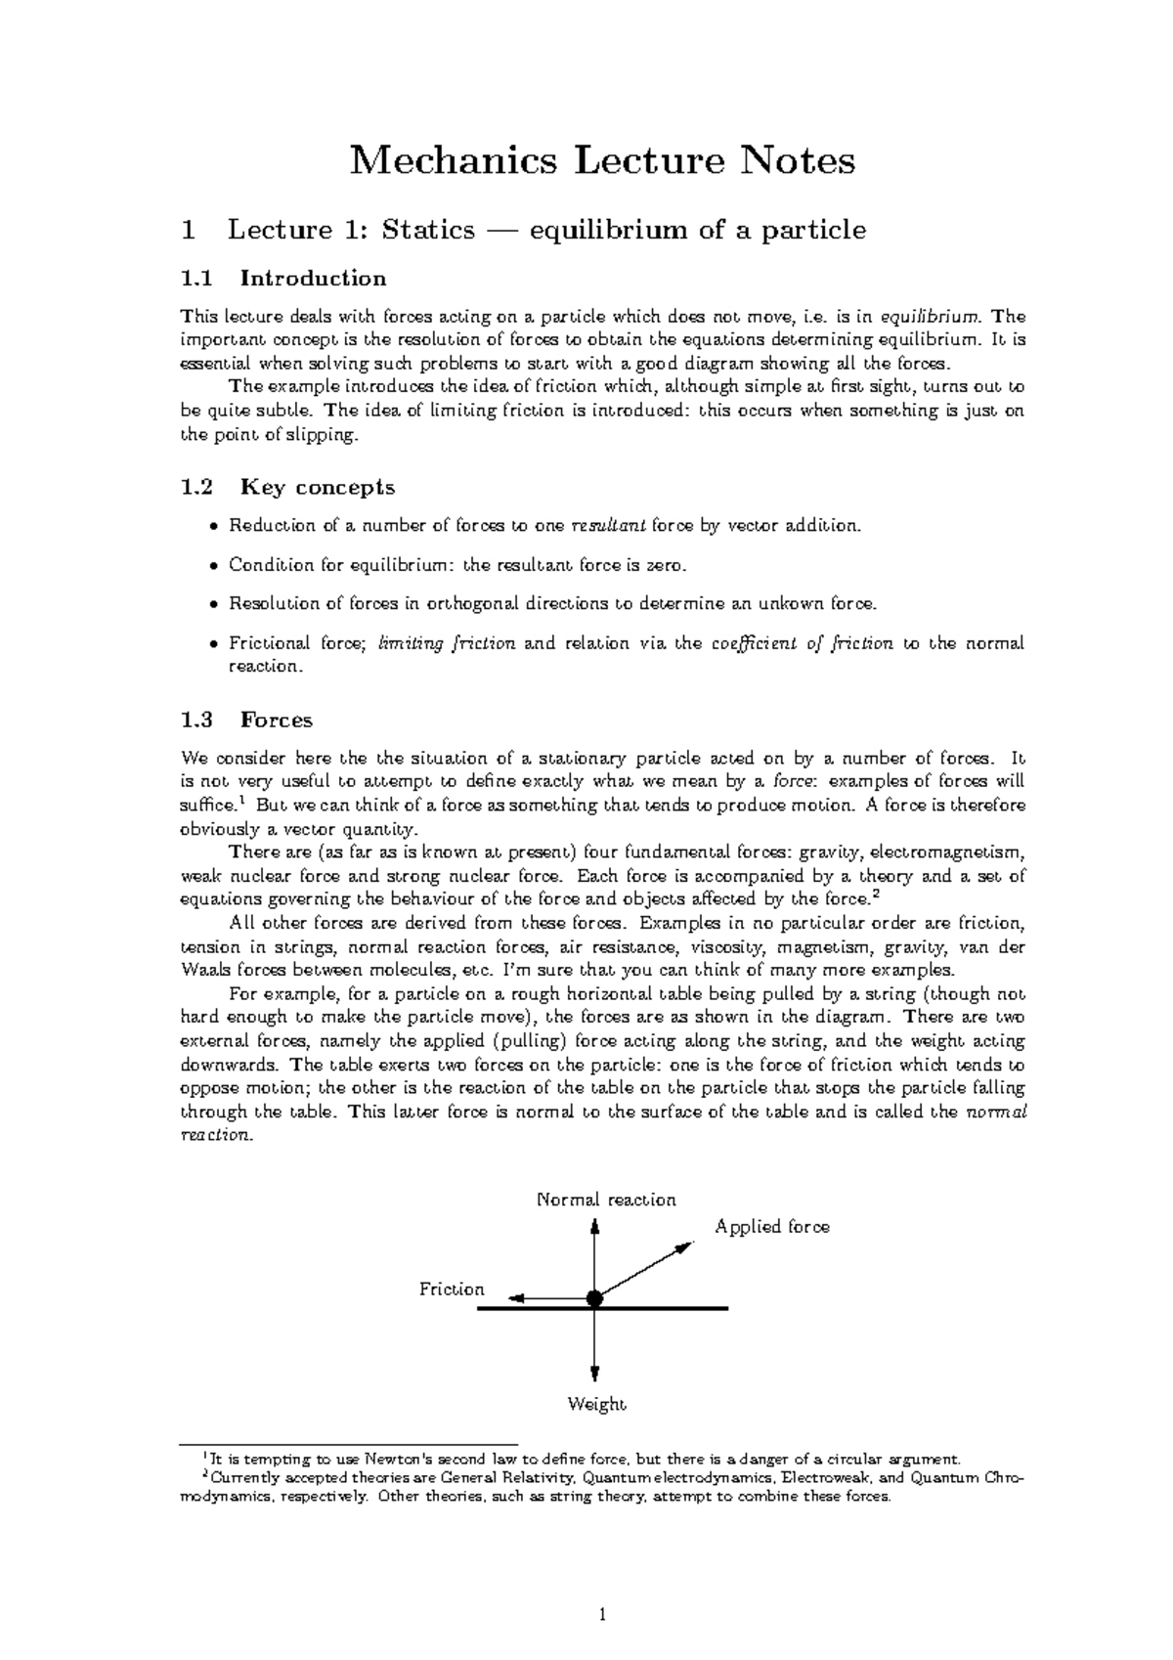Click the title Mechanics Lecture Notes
602,159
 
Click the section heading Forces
276,721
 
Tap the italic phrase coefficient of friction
802,643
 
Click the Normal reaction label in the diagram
606,1200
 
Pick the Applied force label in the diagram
772,1227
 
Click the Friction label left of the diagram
452,1289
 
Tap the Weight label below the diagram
596,1405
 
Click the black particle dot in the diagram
594,1299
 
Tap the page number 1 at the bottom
603,1615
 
